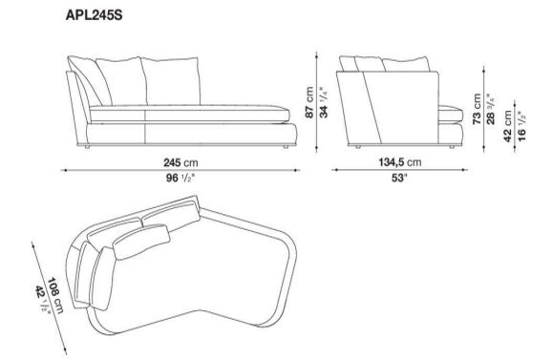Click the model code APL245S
click(x=94, y=15)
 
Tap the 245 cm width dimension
click(x=181, y=162)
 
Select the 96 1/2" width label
click(x=181, y=178)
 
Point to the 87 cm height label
click(x=308, y=102)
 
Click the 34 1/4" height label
click(x=324, y=102)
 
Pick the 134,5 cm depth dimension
click(x=400, y=162)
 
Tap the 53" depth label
click(x=399, y=178)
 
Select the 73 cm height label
click(x=477, y=109)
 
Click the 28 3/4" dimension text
click(x=491, y=109)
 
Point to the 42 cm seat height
click(x=507, y=126)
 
